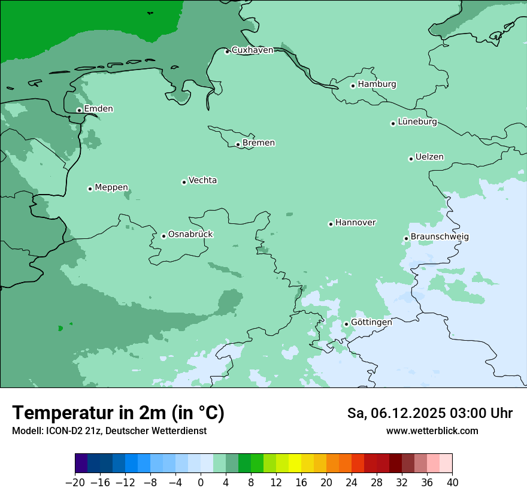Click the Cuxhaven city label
click(x=252, y=50)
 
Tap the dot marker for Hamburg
click(x=353, y=86)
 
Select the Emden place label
click(x=98, y=109)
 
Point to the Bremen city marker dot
click(x=238, y=144)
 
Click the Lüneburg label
click(x=417, y=122)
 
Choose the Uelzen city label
click(x=429, y=157)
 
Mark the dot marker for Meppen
click(x=90, y=189)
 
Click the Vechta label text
click(x=202, y=180)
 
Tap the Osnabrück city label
click(x=190, y=234)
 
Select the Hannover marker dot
click(x=331, y=225)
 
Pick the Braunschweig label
click(x=440, y=237)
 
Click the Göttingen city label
click(x=371, y=322)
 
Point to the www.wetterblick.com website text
click(x=432, y=431)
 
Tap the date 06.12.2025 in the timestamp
click(x=405, y=413)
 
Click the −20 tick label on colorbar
click(x=75, y=483)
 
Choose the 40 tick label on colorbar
click(x=452, y=483)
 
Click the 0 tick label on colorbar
click(x=201, y=483)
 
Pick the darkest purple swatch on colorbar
click(x=81, y=463)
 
